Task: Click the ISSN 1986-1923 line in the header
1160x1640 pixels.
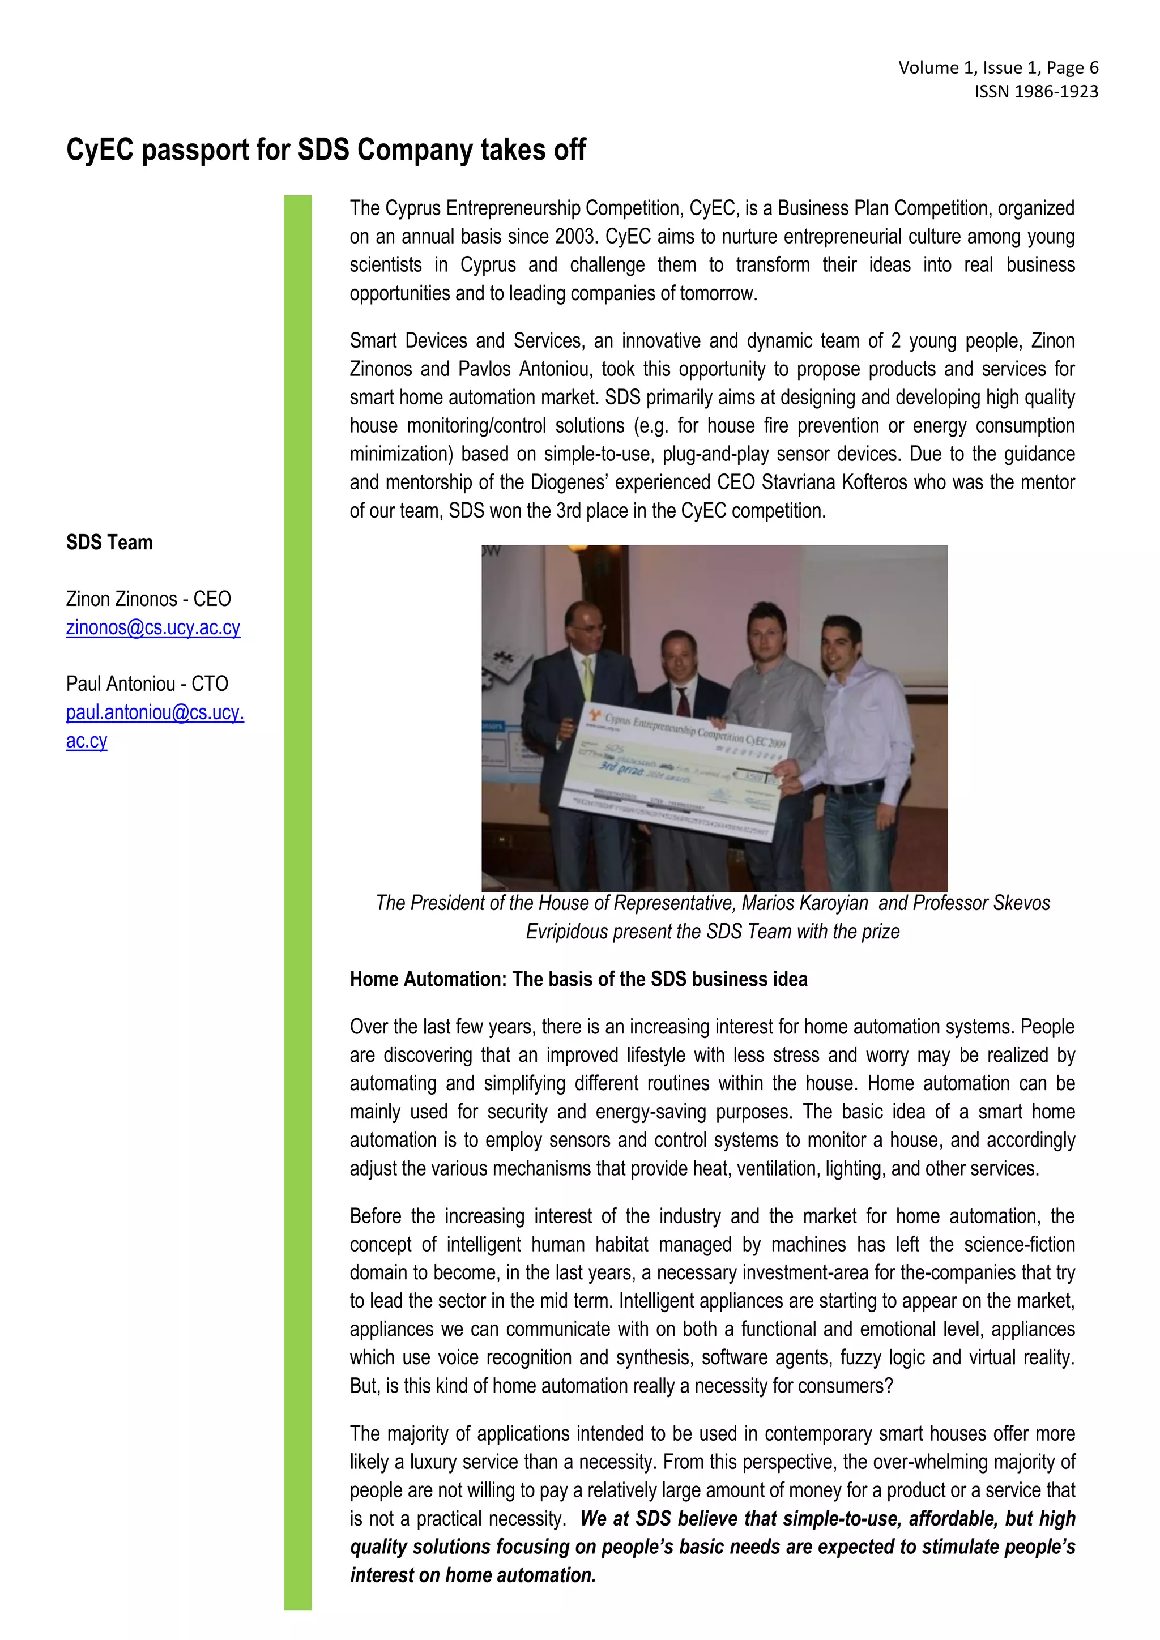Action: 1036,91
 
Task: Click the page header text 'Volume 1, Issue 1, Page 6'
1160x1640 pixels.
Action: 998,68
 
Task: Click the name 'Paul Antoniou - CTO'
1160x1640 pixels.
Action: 147,684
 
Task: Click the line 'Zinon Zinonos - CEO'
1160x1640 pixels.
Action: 148,599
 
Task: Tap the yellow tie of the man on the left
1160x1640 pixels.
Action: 587,678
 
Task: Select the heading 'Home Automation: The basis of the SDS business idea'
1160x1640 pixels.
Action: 578,979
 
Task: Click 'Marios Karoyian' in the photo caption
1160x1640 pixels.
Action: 804,903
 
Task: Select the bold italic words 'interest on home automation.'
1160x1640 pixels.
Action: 473,1575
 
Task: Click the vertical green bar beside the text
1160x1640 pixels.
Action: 298,900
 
